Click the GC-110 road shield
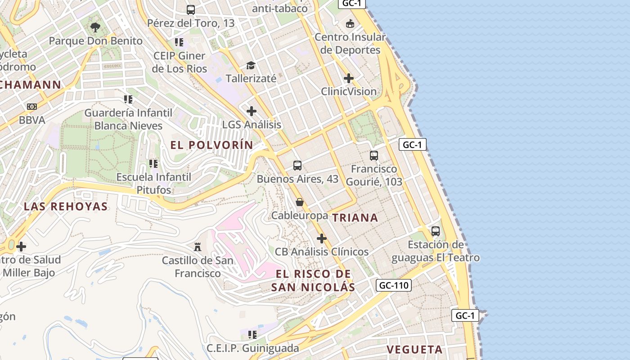point(393,285)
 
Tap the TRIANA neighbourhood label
point(355,218)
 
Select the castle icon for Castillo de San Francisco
point(197,247)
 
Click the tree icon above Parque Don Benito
point(95,27)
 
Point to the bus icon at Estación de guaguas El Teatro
point(435,231)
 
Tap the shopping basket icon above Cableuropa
point(299,202)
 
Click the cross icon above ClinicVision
point(348,78)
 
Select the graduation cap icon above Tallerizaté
point(251,66)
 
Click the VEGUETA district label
point(414,350)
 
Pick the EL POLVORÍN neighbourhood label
point(212,145)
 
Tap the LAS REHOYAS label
point(66,207)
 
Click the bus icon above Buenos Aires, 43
point(297,165)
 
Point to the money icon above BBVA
point(31,107)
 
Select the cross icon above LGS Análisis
point(252,111)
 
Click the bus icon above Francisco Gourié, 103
point(373,156)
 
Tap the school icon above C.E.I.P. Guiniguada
point(252,334)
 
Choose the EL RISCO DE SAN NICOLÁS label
point(313,280)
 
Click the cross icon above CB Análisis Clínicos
point(321,238)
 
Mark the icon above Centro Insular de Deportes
point(350,23)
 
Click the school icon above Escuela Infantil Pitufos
point(153,164)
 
